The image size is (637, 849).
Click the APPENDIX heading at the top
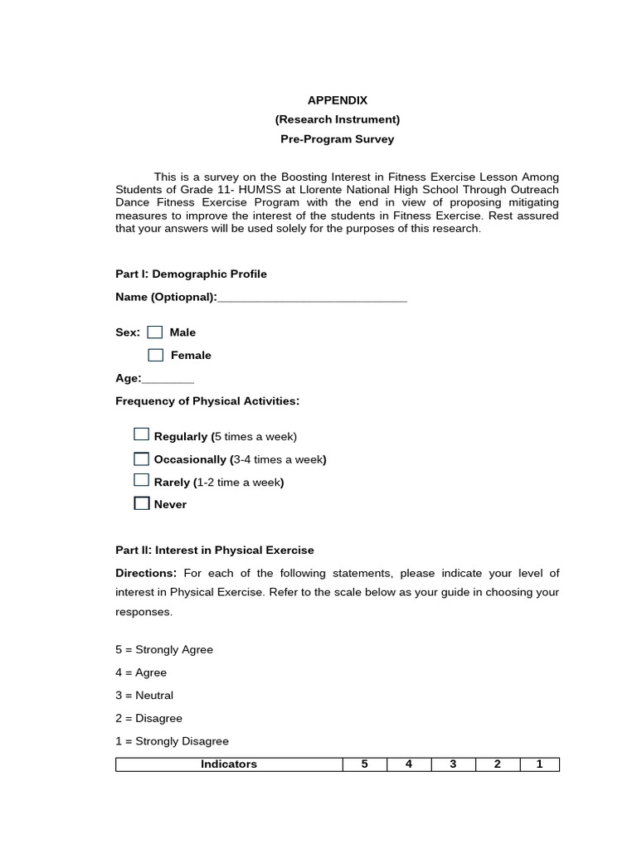[x=338, y=100]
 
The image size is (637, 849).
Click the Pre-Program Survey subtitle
[x=338, y=138]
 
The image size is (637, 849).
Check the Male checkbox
[x=155, y=332]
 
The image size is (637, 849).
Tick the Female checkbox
[x=156, y=355]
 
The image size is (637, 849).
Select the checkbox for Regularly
[x=142, y=434]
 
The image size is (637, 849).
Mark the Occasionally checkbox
[x=142, y=458]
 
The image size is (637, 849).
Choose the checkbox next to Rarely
[x=142, y=480]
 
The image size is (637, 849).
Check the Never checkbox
[x=142, y=503]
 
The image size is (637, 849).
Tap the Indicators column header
[x=229, y=764]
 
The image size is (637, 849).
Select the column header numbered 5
[x=364, y=764]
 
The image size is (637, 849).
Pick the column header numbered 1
[x=539, y=764]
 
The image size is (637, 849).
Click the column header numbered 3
[x=453, y=764]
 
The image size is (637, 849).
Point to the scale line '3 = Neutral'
[x=144, y=696]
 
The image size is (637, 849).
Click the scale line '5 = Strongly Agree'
[x=164, y=650]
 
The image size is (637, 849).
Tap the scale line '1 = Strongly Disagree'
[x=172, y=741]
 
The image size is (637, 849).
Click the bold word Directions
[x=146, y=573]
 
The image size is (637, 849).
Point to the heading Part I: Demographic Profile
[x=191, y=274]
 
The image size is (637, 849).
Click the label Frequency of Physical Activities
[x=207, y=401]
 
